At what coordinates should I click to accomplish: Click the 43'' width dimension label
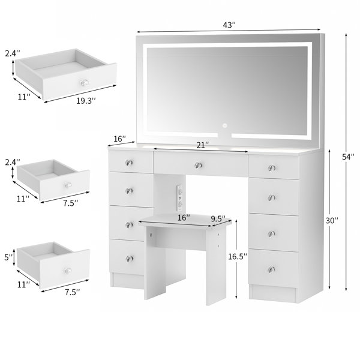click(229, 25)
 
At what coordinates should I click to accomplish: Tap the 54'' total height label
click(348, 157)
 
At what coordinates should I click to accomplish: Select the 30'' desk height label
click(332, 220)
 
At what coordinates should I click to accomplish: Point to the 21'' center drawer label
click(203, 145)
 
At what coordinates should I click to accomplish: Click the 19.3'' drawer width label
click(86, 101)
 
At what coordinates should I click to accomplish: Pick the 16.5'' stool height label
click(238, 256)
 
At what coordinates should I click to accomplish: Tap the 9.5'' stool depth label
click(218, 218)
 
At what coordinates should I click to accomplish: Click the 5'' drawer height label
click(9, 257)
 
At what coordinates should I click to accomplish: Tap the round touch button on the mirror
click(224, 125)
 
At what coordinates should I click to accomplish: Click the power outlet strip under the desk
click(180, 197)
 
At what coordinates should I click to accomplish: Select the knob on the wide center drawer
click(198, 165)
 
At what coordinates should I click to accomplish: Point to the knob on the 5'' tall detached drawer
click(68, 271)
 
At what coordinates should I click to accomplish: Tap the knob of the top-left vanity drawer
click(129, 163)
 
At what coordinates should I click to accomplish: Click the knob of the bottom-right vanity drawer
click(271, 269)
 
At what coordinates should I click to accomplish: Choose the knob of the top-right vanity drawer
click(272, 168)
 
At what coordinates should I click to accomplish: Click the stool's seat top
click(185, 220)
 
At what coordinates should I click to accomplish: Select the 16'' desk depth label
click(120, 139)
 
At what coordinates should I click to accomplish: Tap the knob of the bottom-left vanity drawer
click(129, 259)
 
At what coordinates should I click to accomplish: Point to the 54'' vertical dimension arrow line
click(346, 162)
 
